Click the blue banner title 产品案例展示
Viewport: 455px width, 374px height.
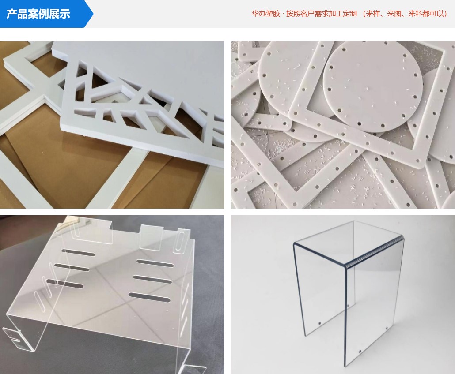38,14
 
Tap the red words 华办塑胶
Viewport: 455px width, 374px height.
265,14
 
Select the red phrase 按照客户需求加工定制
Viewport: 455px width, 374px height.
321,14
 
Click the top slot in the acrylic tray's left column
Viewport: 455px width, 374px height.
77,253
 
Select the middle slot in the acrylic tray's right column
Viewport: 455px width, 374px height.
152,279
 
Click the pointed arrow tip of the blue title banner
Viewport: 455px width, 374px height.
92,14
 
